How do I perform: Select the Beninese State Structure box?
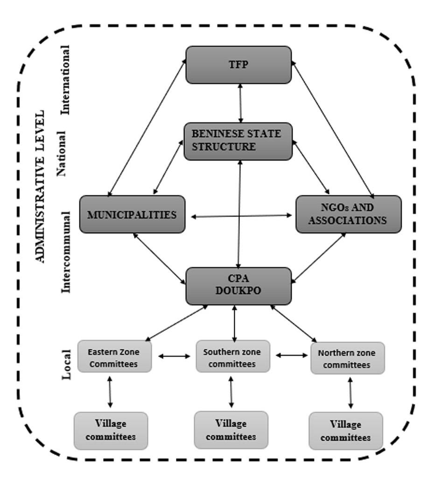click(238, 141)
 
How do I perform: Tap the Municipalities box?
click(132, 214)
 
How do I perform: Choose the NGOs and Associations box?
click(348, 214)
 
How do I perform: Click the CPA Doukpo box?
click(238, 286)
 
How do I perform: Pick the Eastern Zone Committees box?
click(114, 357)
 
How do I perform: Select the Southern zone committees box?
click(232, 357)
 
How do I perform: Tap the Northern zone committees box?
click(348, 358)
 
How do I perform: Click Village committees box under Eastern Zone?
click(111, 430)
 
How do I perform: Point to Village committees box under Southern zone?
click(231, 430)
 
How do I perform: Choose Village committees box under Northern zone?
click(346, 431)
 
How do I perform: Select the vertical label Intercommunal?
click(66, 252)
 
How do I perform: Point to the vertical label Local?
click(66, 364)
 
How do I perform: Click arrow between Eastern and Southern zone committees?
click(174, 356)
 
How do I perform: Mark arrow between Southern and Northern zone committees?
click(292, 355)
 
